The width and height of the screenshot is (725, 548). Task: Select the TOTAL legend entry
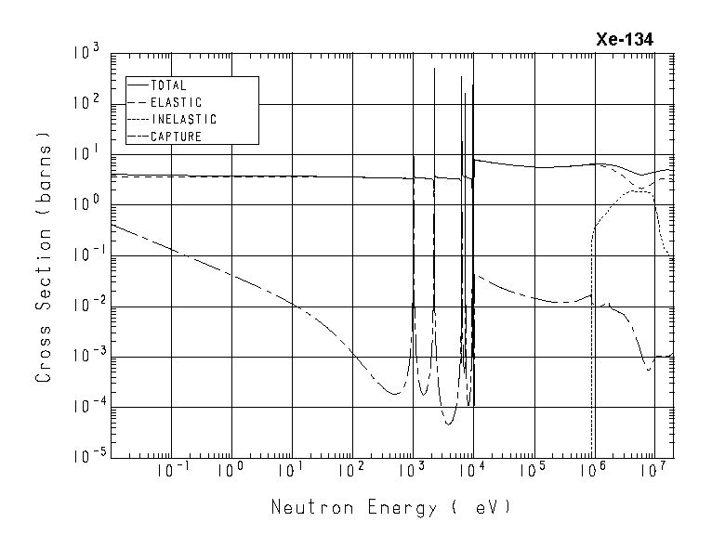[168, 86]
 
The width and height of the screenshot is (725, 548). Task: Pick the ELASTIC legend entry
[176, 103]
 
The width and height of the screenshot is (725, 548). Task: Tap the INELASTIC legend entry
[183, 120]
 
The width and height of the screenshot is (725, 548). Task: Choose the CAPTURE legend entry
[176, 137]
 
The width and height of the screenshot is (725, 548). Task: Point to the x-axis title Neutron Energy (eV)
[390, 508]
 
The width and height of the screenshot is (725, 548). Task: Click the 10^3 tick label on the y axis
[85, 53]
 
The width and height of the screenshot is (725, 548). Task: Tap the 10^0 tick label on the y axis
[85, 204]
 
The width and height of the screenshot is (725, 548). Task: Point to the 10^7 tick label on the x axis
[655, 471]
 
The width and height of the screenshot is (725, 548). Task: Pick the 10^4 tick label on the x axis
[473, 471]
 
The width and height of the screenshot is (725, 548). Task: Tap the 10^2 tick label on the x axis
[352, 471]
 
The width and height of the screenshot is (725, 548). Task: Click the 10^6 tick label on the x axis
[594, 471]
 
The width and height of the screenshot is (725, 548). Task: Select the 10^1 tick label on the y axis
[85, 154]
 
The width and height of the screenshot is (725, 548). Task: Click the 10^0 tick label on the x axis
[231, 471]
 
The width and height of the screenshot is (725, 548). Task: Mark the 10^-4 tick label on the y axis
[82, 406]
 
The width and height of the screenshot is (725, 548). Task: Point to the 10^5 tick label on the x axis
[534, 471]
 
